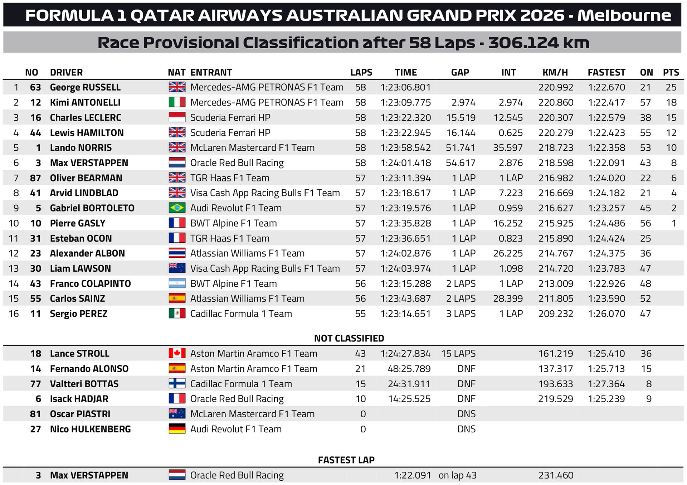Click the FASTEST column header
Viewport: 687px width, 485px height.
606,72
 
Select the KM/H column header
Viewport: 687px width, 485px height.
555,72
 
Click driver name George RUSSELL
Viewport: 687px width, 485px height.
85,87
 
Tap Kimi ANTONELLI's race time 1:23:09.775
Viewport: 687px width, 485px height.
405,103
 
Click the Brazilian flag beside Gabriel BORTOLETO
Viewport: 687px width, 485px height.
177,208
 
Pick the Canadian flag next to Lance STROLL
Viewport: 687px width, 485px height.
177,354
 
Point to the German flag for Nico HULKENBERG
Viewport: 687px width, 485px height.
177,429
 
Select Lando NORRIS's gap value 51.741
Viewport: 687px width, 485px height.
461,148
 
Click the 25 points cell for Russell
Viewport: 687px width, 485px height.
671,87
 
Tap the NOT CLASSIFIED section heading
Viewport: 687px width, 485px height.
349,338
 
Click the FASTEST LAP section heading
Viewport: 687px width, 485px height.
346,460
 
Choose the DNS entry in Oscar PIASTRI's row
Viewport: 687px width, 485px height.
466,414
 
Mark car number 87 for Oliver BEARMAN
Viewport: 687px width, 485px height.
35,178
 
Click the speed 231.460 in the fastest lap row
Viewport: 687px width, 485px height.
556,475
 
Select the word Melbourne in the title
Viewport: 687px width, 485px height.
624,15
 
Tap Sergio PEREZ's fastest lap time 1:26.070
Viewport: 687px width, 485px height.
606,314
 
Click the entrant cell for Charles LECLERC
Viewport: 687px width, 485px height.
230,118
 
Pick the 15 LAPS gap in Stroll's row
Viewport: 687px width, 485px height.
458,354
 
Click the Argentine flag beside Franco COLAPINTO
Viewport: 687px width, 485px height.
177,283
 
